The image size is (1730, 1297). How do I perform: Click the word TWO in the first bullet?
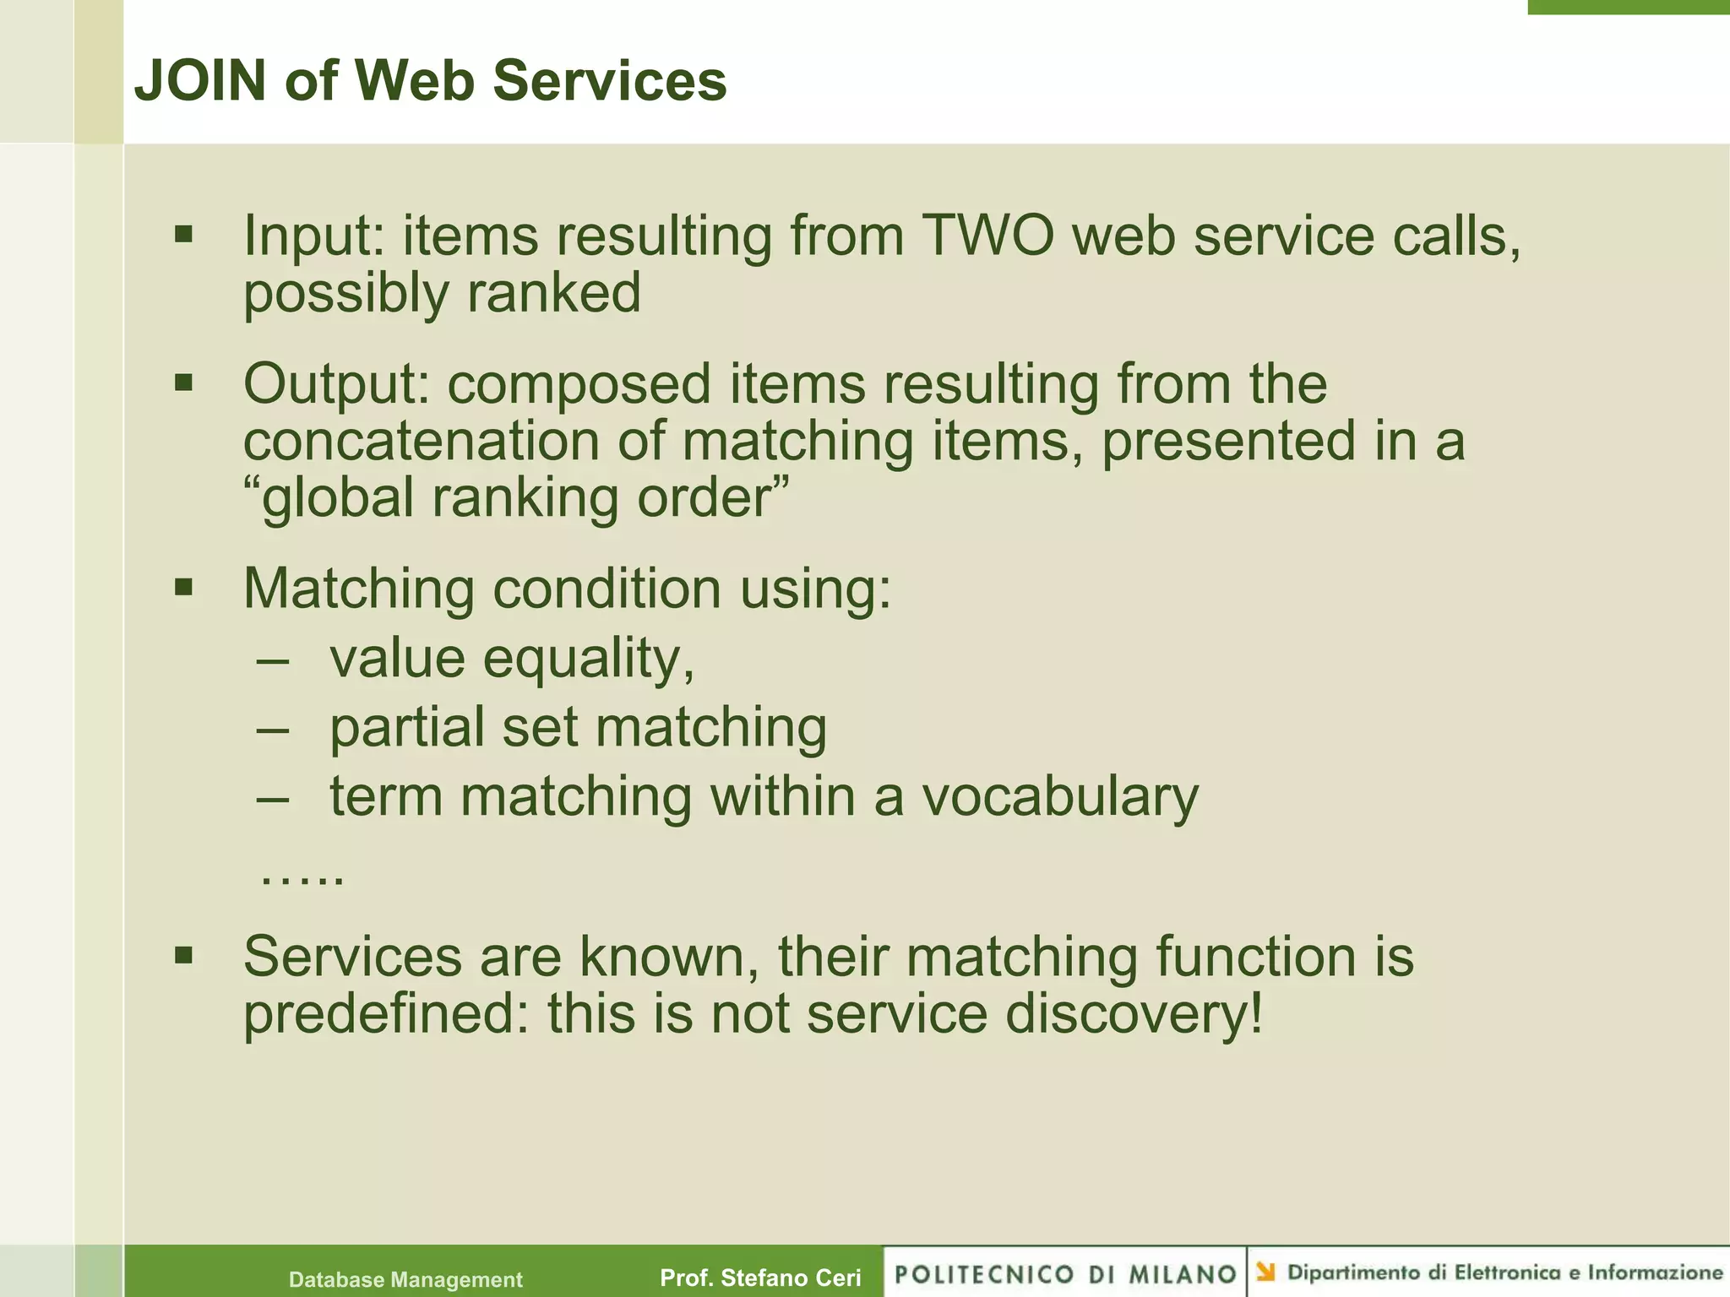[x=987, y=236]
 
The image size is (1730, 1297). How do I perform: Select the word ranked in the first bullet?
[x=554, y=293]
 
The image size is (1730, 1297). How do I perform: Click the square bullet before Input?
[x=183, y=234]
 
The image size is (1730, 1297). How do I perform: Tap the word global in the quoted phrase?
[x=338, y=498]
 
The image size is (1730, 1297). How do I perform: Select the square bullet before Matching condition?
[x=183, y=586]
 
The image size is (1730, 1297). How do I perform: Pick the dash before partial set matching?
[x=273, y=729]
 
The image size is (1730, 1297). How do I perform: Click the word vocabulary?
[x=1059, y=796]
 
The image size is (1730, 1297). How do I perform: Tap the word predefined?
[x=385, y=1014]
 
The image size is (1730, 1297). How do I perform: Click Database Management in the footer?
[x=405, y=1279]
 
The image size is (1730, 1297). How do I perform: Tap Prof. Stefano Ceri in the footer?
[x=760, y=1278]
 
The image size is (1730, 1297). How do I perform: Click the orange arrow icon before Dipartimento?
[x=1265, y=1272]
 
